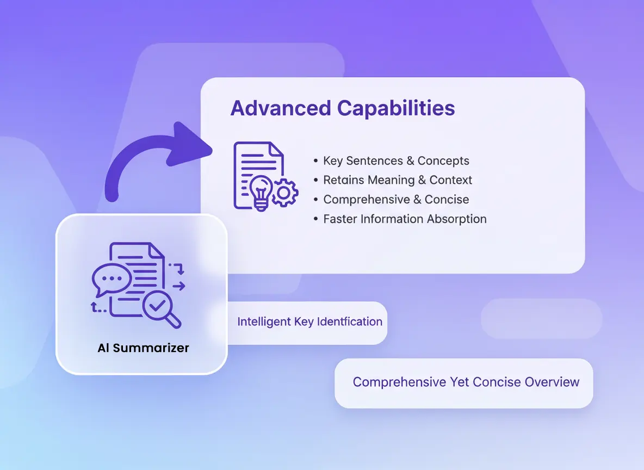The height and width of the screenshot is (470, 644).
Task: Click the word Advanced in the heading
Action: point(281,108)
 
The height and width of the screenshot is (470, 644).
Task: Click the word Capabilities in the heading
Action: point(396,109)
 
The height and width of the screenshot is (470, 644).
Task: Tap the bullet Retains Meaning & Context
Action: point(393,180)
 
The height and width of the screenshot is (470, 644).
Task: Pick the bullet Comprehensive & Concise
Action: point(391,199)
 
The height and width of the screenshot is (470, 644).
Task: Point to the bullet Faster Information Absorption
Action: point(400,219)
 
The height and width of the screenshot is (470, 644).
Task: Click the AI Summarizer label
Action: point(144,348)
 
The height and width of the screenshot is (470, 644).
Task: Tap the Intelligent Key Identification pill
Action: point(307,323)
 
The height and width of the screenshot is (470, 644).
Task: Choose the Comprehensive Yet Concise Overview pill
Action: point(464,384)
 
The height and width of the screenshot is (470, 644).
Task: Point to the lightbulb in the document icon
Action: point(261,192)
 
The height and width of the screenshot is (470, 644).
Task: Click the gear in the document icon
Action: point(284,192)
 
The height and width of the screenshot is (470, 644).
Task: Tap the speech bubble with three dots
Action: point(111,280)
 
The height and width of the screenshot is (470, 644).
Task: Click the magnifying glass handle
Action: point(174,320)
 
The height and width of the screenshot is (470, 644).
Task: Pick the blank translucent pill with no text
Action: point(541,319)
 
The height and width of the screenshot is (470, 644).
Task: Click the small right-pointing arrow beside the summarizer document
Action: point(178,286)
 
